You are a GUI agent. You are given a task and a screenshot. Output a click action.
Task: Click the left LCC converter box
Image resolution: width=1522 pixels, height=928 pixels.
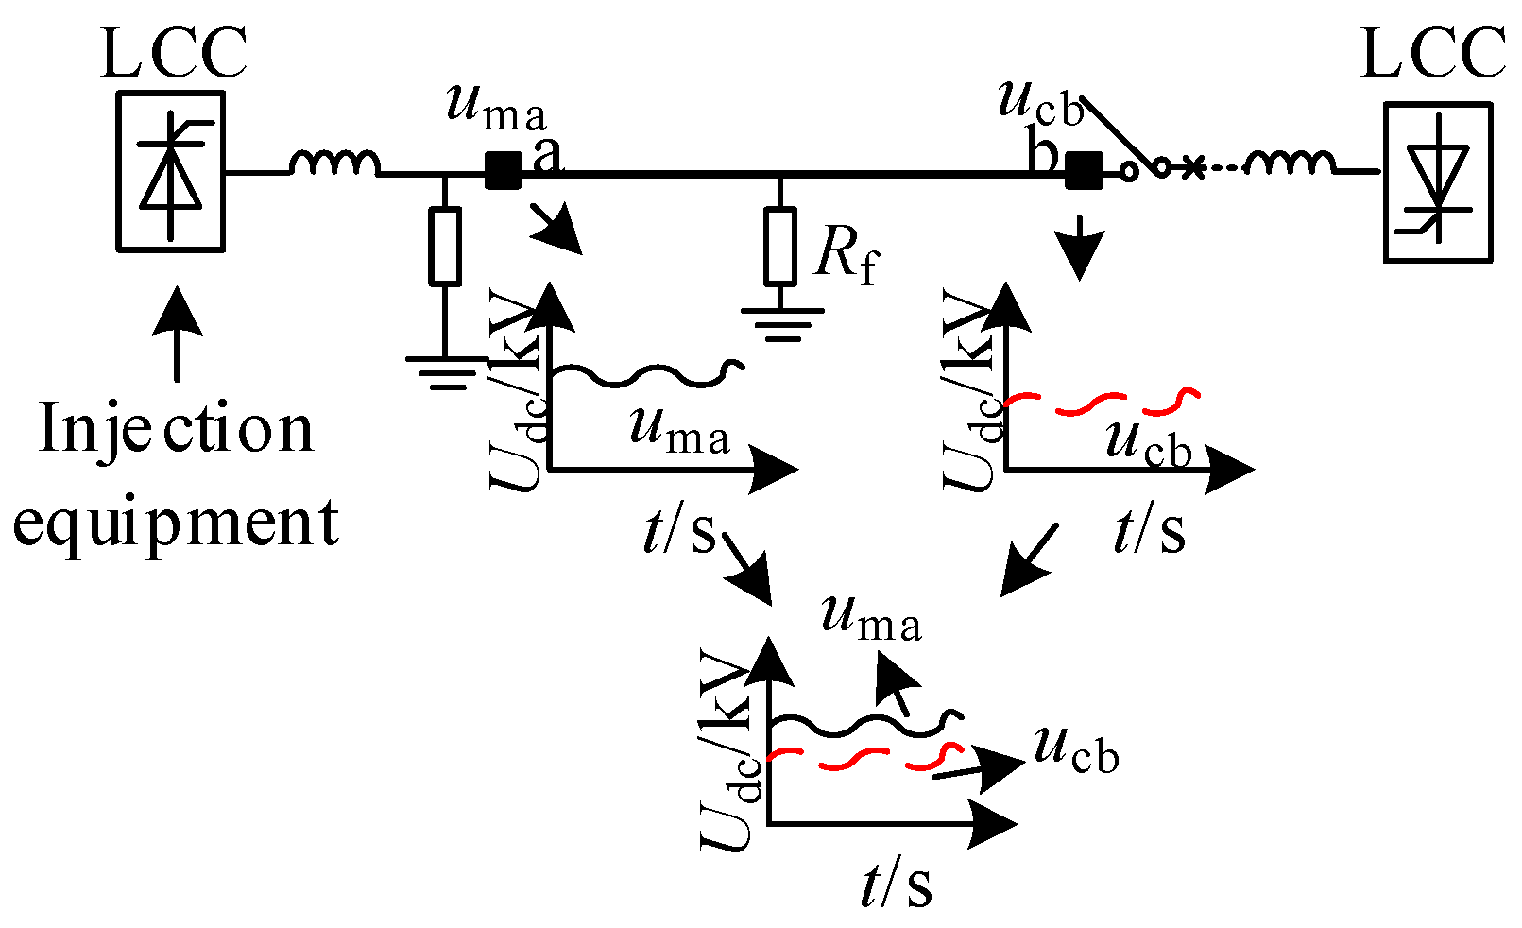(170, 171)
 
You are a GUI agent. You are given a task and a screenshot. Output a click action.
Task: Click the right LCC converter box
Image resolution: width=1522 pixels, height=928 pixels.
(1437, 182)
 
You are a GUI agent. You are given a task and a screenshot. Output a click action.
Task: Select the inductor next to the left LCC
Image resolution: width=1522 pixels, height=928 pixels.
(334, 164)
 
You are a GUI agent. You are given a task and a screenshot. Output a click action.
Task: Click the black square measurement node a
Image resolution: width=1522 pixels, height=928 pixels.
(503, 171)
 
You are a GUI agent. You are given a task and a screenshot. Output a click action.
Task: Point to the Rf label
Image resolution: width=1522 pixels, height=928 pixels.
(846, 255)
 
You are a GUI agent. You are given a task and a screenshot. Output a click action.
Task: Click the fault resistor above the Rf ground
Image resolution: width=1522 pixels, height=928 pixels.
(779, 246)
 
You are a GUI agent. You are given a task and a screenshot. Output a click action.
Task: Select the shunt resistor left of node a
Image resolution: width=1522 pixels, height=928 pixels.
(445, 246)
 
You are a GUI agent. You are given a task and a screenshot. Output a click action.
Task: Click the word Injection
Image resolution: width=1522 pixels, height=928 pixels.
(176, 430)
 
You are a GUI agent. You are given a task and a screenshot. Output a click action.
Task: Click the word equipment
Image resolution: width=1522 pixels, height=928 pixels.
(176, 523)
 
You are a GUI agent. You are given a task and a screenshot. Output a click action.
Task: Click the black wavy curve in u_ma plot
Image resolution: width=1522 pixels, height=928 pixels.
(642, 375)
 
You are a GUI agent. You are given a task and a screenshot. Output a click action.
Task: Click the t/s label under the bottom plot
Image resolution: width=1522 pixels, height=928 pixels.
(896, 886)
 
